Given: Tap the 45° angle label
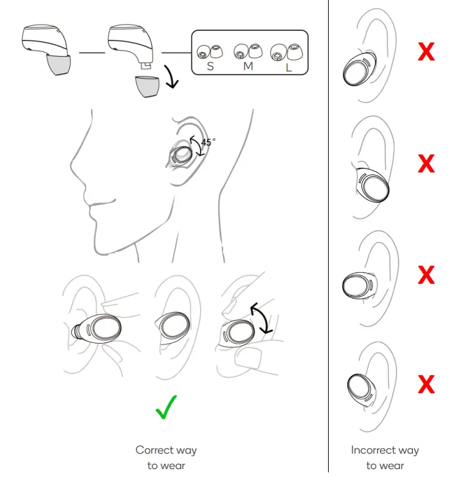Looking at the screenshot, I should tap(208, 143).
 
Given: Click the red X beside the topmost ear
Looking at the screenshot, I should tap(426, 52).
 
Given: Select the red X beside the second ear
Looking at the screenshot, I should tap(426, 164).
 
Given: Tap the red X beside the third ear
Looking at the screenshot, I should tap(426, 275).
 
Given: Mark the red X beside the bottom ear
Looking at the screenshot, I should tap(426, 385).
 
